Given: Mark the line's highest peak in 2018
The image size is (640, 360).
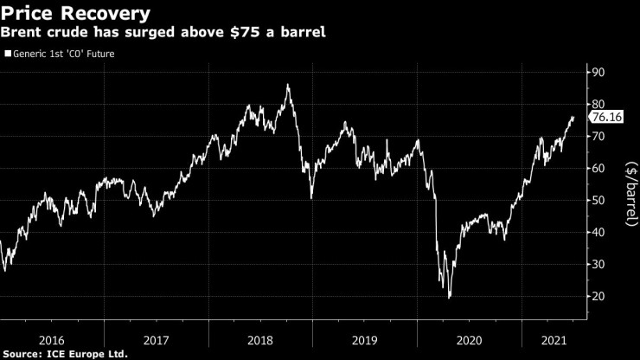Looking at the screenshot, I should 287,85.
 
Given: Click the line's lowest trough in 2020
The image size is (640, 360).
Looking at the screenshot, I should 449,298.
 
